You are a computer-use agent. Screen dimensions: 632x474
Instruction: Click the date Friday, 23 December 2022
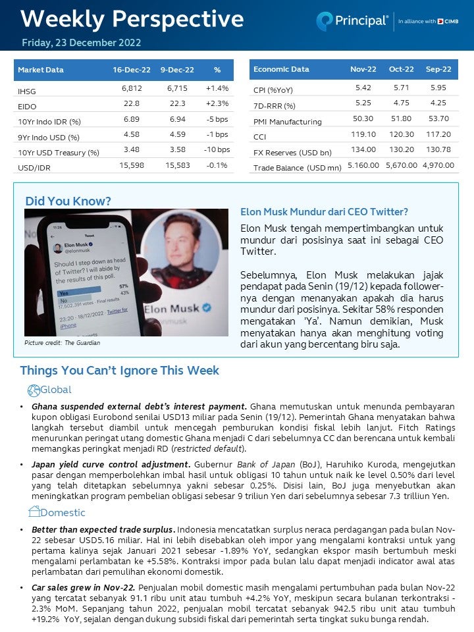[x=81, y=43]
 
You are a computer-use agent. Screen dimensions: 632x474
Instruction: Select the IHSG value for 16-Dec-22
[x=132, y=88]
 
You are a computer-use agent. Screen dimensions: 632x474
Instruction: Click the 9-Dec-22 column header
[x=177, y=70]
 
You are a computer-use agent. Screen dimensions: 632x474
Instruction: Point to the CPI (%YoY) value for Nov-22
[x=363, y=88]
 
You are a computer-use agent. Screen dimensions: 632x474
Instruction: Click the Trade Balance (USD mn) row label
[x=297, y=168]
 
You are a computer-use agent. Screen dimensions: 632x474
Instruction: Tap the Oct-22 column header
[x=400, y=69]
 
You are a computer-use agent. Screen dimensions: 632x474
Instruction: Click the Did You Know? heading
[x=68, y=201]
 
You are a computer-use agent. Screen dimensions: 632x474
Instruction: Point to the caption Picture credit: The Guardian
[x=63, y=343]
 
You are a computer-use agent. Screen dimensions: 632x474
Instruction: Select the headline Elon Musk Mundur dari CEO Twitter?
[x=324, y=212]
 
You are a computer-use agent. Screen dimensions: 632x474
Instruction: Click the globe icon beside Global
[x=34, y=390]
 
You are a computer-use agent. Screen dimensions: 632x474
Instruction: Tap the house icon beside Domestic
[x=35, y=512]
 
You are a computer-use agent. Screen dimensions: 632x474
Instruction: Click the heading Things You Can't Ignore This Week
[x=119, y=371]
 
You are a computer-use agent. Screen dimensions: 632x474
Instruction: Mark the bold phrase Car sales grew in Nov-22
[x=84, y=586]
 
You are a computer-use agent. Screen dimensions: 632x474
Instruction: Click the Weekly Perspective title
[x=132, y=18]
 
